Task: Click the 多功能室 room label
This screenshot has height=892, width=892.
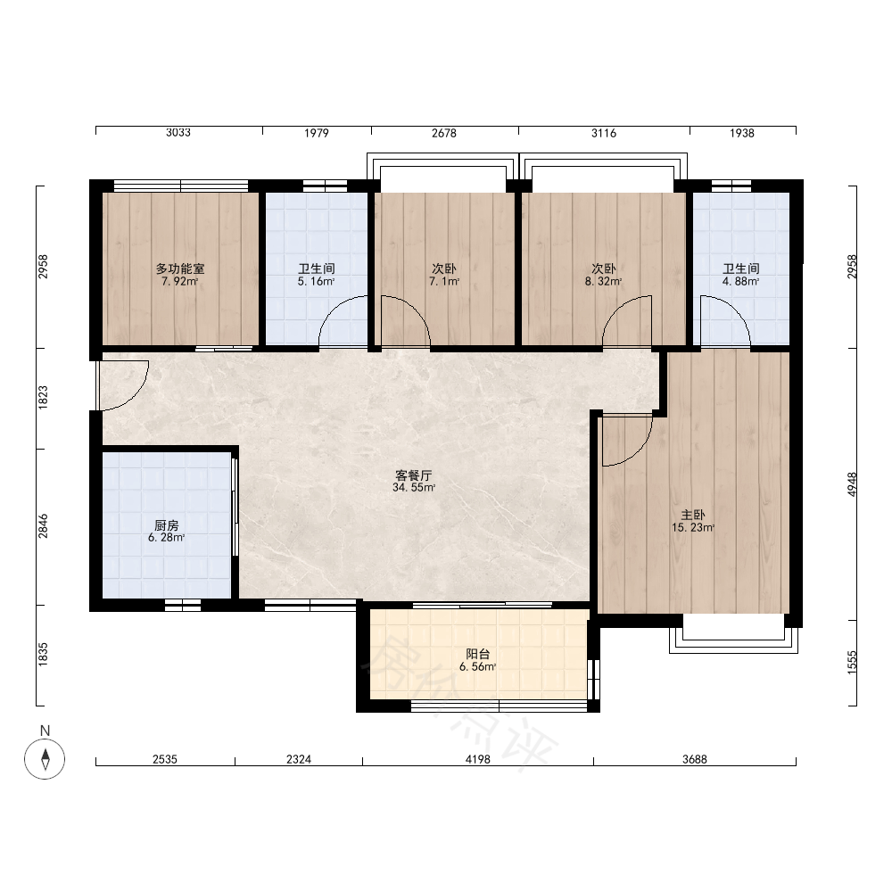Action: tap(180, 268)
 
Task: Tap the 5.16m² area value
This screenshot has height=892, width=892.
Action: tap(316, 281)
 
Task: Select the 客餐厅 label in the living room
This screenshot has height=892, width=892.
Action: tap(414, 475)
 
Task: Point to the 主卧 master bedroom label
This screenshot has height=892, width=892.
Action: tap(693, 515)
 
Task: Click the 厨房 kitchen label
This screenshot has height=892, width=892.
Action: tap(166, 525)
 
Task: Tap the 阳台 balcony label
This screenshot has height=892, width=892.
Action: tap(478, 654)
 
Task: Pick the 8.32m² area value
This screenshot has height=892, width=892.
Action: tap(603, 281)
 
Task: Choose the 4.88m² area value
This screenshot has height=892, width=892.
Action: tap(740, 281)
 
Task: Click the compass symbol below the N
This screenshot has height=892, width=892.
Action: tap(45, 759)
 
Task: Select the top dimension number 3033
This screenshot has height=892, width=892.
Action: tap(178, 133)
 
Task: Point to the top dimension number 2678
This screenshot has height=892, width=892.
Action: tap(443, 133)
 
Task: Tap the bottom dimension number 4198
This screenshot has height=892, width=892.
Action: tap(477, 759)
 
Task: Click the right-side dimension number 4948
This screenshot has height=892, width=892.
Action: tap(852, 484)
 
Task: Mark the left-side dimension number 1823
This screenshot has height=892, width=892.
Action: tap(43, 398)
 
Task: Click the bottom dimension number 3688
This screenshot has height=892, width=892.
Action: tap(695, 759)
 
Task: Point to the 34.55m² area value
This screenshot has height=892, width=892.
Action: tap(414, 488)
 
